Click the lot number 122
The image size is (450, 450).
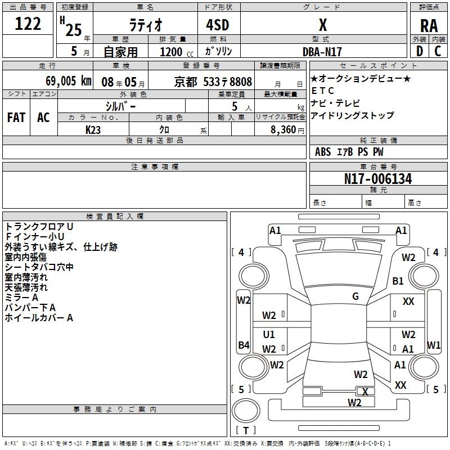pos(28,23)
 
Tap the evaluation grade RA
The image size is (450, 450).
pos(429,26)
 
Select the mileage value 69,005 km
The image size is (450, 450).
pos(69,81)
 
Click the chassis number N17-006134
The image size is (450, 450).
pos(378,179)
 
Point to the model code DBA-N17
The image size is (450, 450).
pos(322,52)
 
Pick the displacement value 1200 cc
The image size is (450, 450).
pos(177,52)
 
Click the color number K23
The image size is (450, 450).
pos(93,130)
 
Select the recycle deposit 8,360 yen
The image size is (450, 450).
pos(287,130)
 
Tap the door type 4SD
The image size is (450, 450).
pos(218,25)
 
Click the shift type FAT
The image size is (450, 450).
pos(16,118)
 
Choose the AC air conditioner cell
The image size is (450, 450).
pos(43,118)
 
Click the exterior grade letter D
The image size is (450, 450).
pos(420,51)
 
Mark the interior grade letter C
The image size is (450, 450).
pos(438,51)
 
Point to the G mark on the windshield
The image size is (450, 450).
pos(355,296)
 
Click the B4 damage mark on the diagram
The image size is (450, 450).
pos(244,345)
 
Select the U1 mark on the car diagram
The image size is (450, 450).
pos(269,334)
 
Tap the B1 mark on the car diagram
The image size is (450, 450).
pos(398,281)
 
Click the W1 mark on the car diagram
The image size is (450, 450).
pos(434,345)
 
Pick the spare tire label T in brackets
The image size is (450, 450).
pos(246,430)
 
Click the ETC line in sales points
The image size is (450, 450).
pos(322,91)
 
